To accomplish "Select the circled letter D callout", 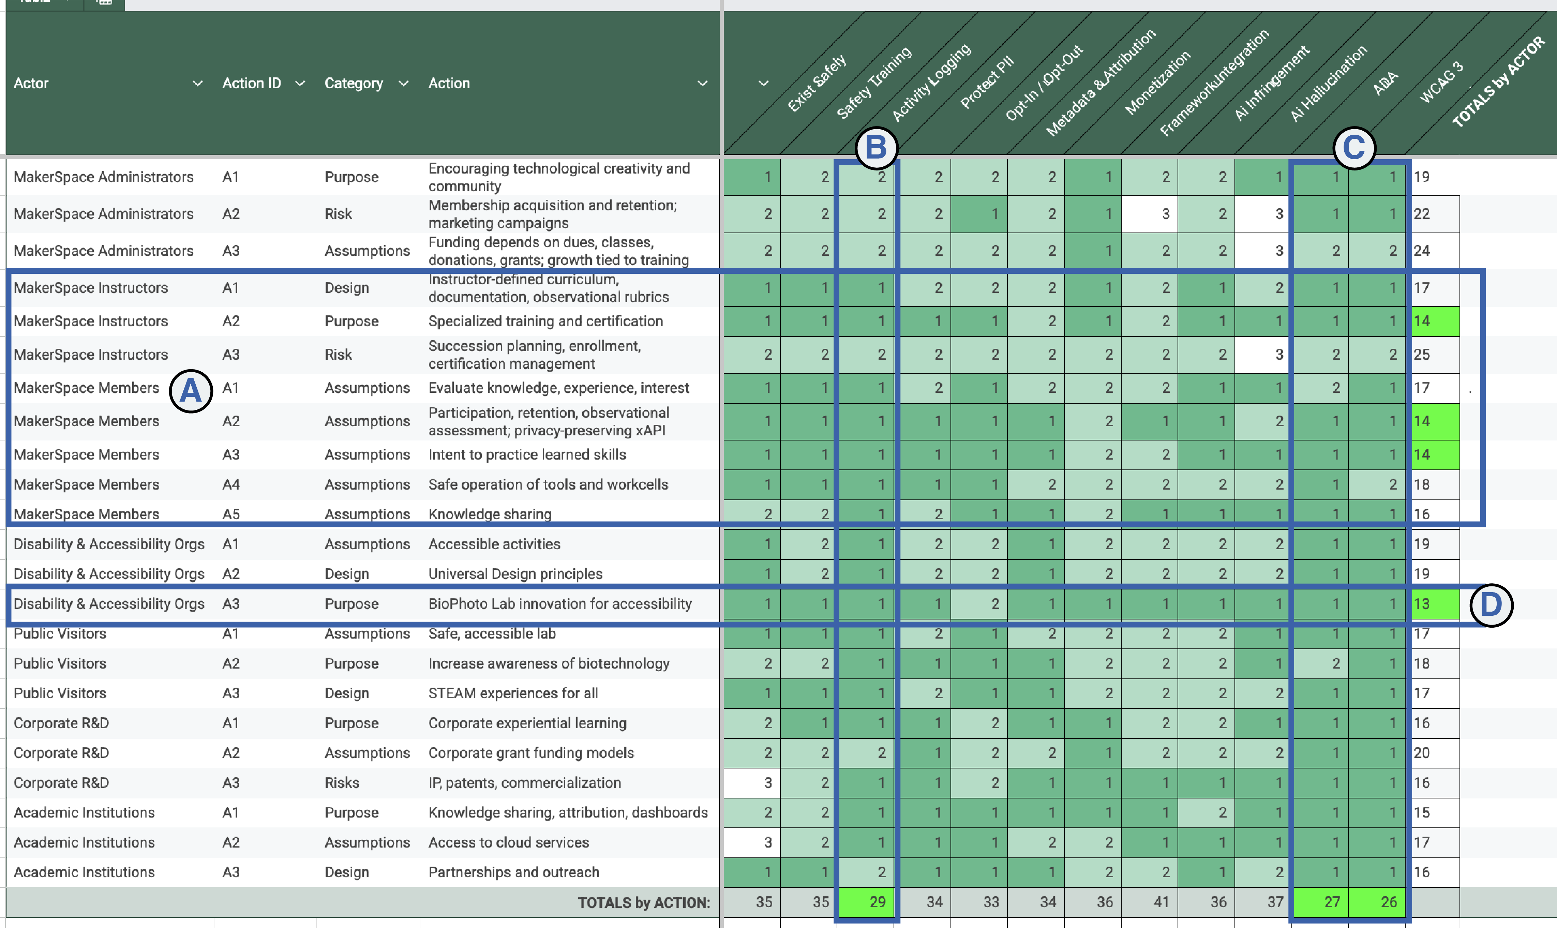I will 1491,605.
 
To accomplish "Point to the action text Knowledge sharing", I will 490,514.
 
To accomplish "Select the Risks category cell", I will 342,783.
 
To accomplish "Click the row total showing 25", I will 1422,355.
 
